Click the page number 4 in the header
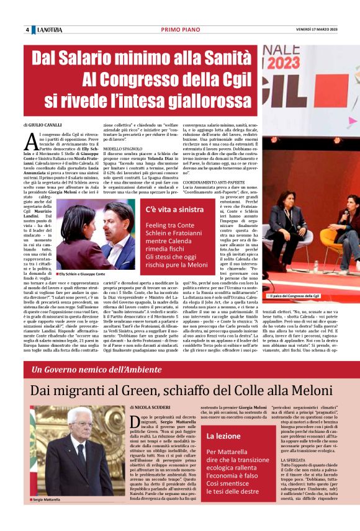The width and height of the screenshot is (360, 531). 27,30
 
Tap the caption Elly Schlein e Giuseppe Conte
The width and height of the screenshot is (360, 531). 81,274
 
